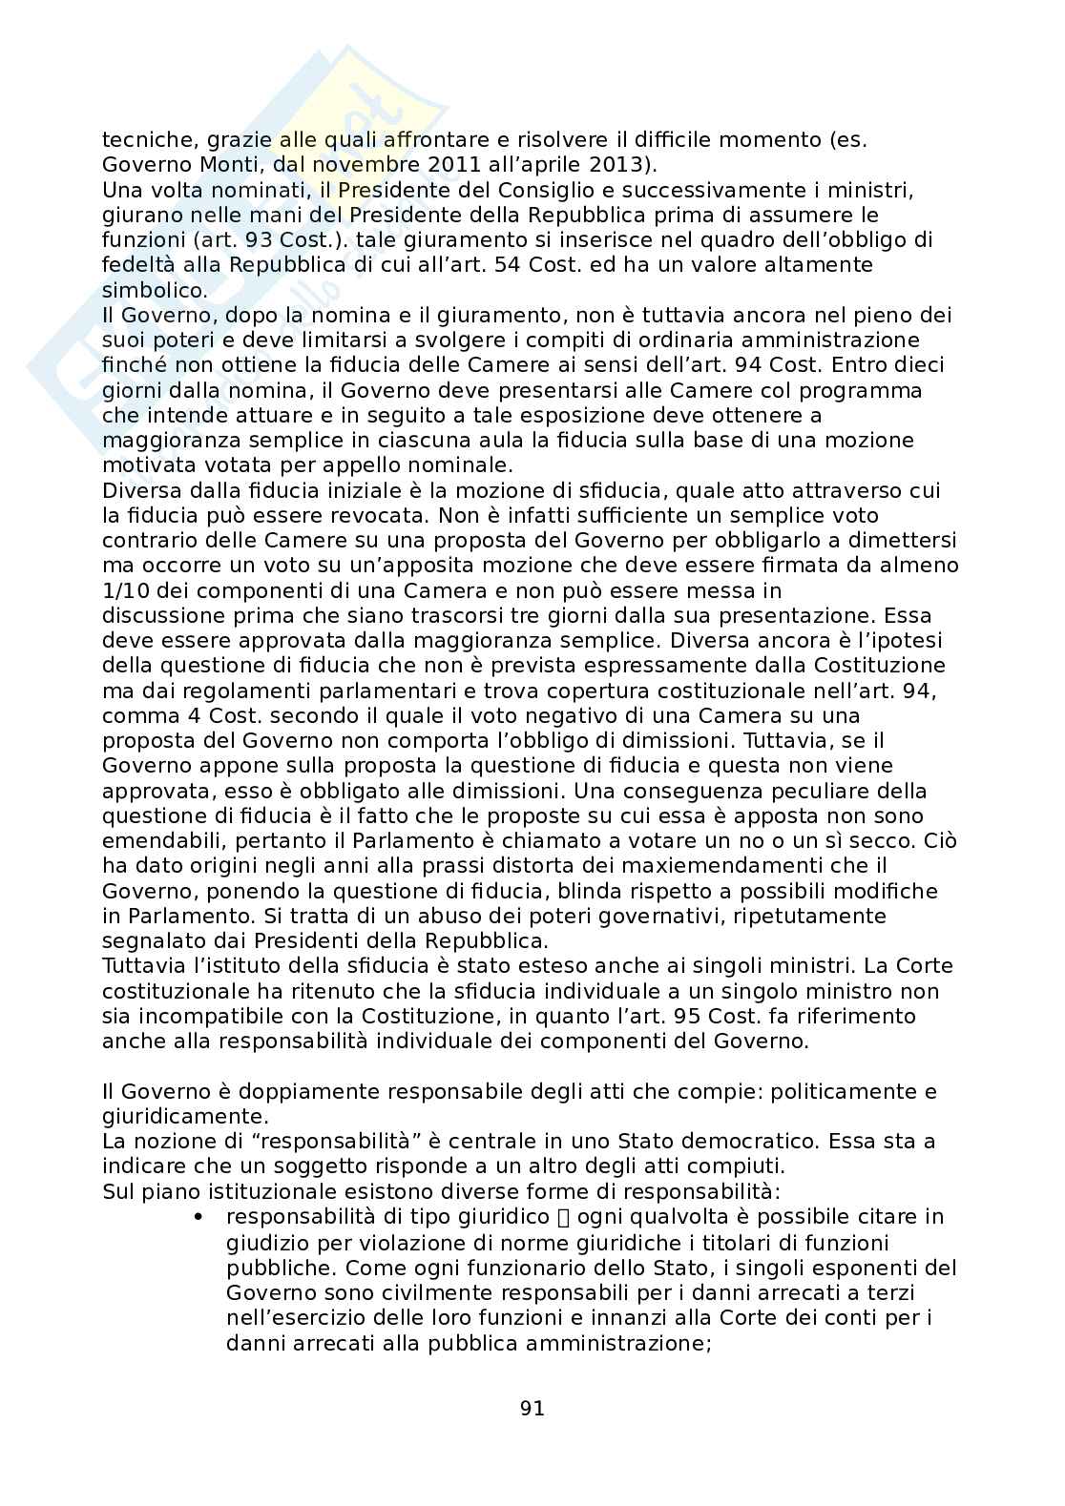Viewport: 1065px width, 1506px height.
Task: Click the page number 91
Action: coord(532,1408)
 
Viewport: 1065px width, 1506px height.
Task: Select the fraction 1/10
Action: coord(125,590)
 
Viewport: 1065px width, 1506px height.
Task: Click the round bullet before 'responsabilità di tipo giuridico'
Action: coord(198,1217)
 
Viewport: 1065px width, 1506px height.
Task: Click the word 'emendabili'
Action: coord(156,841)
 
